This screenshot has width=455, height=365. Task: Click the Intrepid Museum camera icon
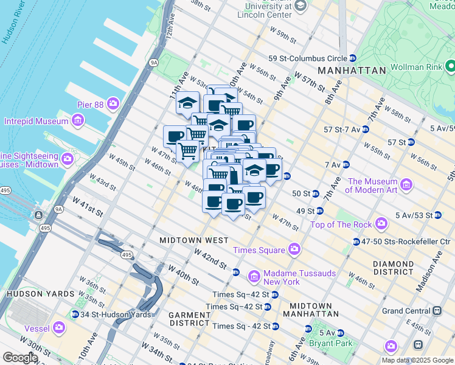(x=77, y=121)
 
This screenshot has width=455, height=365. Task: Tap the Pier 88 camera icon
(x=113, y=104)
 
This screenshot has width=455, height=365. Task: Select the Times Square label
(x=259, y=250)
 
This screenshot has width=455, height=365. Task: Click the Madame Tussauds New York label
(x=282, y=277)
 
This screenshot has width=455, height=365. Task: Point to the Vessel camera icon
(x=59, y=328)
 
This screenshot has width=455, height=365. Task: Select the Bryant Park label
(x=335, y=344)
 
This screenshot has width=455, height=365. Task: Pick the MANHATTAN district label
(x=352, y=71)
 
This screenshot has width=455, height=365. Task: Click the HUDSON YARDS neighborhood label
(x=34, y=294)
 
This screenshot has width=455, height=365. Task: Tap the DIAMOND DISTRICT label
(x=394, y=268)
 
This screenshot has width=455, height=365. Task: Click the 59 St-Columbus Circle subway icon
(x=353, y=58)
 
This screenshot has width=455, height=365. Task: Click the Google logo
(x=20, y=358)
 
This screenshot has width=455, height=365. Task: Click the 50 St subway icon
(x=315, y=194)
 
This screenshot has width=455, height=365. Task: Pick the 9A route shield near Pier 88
(x=154, y=62)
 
